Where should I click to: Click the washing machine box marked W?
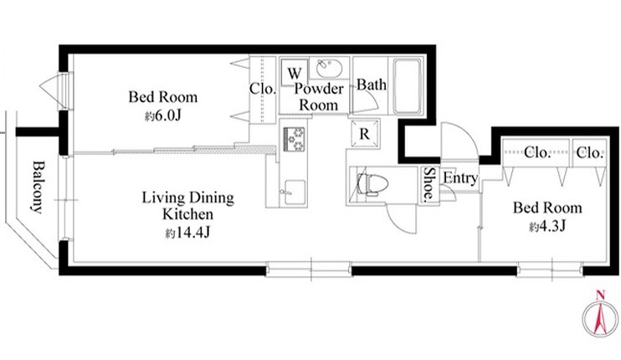(x=295, y=72)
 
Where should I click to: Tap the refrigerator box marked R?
(x=364, y=133)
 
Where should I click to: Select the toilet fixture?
(x=372, y=183)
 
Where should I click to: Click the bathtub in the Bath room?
(x=407, y=85)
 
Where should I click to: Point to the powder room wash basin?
(x=329, y=68)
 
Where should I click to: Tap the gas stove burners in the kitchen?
(x=294, y=139)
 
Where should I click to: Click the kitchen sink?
(x=295, y=192)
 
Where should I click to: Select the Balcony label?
(x=37, y=187)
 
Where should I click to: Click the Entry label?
(x=460, y=178)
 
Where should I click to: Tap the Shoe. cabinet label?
(x=429, y=185)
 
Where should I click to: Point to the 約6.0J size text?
(x=162, y=116)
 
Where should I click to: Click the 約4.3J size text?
(x=547, y=226)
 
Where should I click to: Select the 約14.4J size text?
(x=187, y=233)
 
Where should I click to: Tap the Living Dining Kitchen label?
(x=188, y=206)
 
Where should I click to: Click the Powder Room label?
(x=318, y=96)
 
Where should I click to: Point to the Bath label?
(x=372, y=85)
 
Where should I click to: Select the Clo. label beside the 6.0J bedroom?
(x=262, y=88)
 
